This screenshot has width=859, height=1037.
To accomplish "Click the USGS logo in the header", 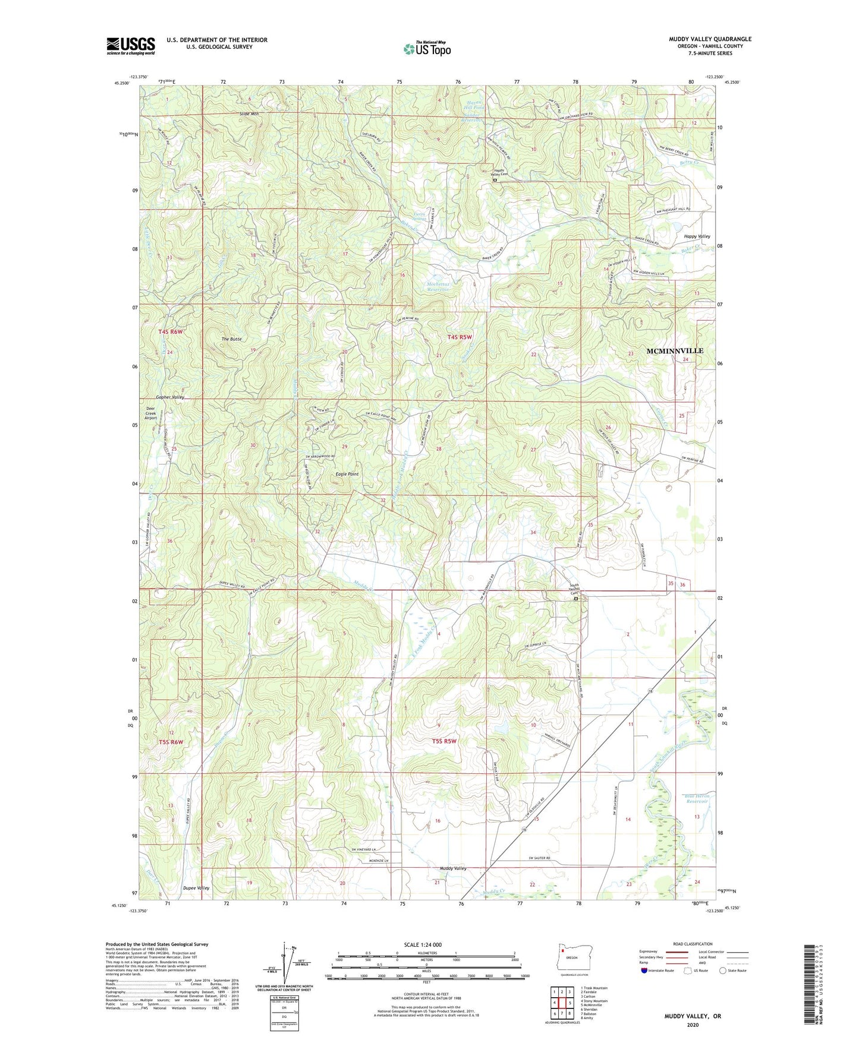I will click(131, 46).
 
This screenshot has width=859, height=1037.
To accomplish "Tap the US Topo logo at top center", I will click(427, 49).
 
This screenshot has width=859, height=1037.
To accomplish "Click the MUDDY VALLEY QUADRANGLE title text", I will click(710, 39).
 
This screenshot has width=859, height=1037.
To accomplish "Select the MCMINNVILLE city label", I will click(674, 351).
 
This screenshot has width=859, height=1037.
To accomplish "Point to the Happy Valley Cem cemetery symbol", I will click(495, 180).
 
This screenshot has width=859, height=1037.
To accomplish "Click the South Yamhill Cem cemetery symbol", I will click(575, 599).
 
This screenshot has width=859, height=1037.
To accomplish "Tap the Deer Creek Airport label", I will click(151, 413).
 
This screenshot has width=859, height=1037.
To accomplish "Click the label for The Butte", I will click(232, 339).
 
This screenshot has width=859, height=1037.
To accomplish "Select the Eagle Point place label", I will click(347, 474).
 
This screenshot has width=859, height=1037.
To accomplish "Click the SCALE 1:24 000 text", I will click(423, 944).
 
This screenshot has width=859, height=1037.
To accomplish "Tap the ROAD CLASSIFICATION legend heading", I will click(693, 944).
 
